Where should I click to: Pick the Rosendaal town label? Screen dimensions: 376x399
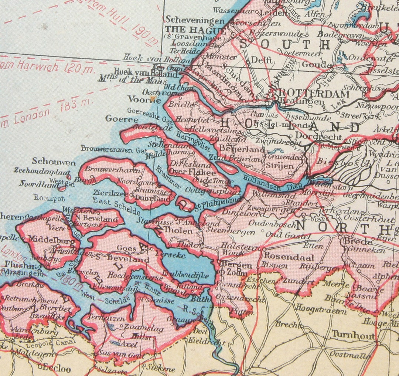pyautogui.click(x=289, y=257)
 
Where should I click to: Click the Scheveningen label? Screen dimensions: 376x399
pyautogui.click(x=195, y=20)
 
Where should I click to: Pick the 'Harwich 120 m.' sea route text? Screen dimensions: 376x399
pyautogui.click(x=48, y=68)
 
